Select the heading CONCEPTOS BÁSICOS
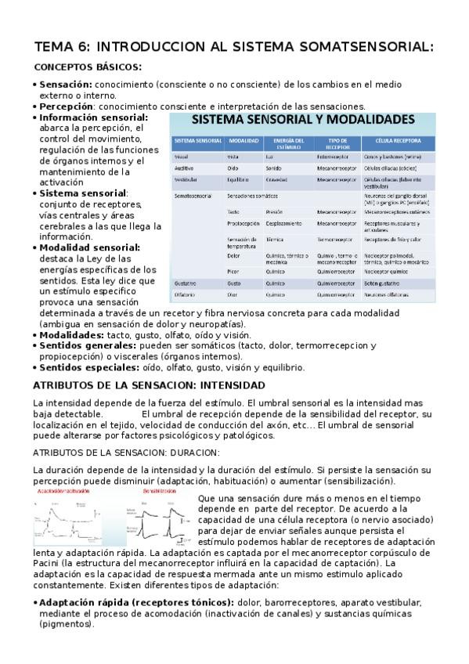88,67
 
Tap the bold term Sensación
66,84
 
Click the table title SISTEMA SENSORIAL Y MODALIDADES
304,121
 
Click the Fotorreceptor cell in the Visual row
336,157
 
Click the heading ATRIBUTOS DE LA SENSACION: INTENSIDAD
149,385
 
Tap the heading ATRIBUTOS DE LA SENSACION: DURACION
115,452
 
